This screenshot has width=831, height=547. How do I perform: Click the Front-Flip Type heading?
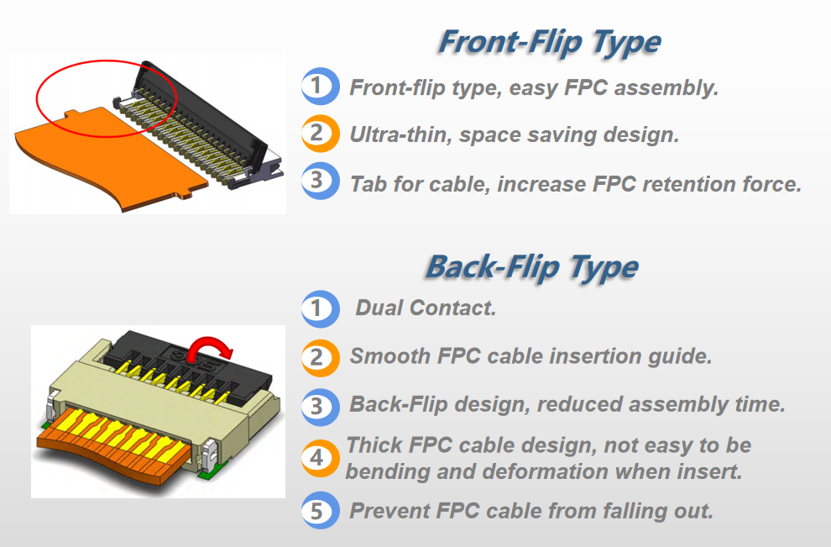(550, 43)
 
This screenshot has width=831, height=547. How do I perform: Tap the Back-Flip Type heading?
(532, 267)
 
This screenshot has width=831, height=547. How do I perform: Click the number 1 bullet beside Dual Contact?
(320, 308)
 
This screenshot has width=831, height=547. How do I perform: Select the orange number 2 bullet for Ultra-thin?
(320, 133)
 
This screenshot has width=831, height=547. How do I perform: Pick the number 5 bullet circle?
(320, 510)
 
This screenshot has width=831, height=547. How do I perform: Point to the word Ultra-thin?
(401, 134)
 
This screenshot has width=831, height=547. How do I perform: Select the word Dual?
(379, 308)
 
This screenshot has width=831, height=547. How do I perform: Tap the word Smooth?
(390, 356)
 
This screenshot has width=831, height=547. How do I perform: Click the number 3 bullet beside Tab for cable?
(320, 181)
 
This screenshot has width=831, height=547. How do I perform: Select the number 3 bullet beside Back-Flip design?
(320, 407)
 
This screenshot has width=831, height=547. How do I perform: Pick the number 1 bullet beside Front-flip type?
(320, 86)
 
